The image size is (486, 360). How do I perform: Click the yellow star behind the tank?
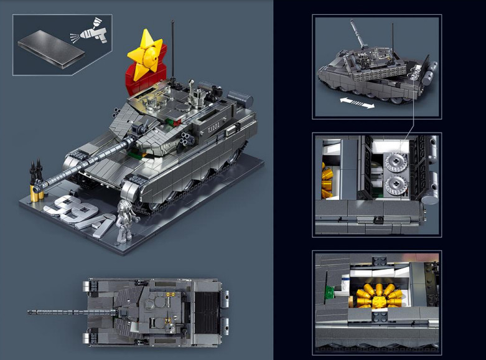(x=145, y=55)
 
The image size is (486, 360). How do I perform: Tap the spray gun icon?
(x=91, y=32)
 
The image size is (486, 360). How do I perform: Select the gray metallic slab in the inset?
(x=51, y=50)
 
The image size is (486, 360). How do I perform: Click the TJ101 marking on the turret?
(x=213, y=128)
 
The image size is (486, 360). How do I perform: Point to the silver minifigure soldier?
(x=125, y=220)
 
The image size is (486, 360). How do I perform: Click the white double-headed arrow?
(x=357, y=103)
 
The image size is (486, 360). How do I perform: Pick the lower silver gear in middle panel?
(x=396, y=185)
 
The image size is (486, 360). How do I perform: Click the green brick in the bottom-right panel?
(x=329, y=291)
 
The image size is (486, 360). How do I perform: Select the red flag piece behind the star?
(x=145, y=75)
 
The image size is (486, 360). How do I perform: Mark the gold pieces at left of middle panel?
(x=327, y=181)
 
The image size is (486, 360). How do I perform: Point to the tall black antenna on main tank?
(x=172, y=51)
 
